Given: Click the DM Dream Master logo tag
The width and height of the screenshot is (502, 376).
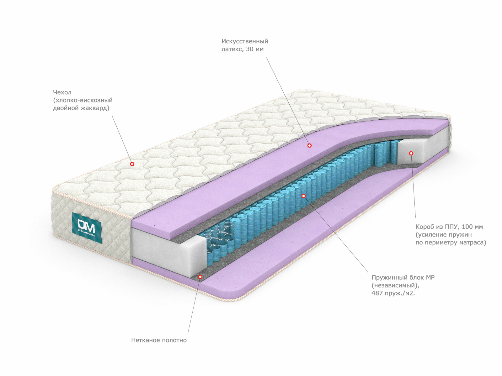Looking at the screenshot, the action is pos(87,227).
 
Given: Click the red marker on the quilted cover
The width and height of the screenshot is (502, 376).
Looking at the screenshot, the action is pos(132,164).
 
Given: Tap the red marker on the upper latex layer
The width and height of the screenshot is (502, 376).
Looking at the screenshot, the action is pos(309,145).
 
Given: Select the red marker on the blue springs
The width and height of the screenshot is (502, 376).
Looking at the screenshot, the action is pos(303,196).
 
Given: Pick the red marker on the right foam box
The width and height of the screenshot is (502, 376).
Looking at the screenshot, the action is pos(411,154).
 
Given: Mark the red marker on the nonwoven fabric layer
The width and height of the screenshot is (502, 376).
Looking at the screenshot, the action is pos(200,277).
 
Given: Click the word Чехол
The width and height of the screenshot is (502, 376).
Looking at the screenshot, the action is pos(62,92).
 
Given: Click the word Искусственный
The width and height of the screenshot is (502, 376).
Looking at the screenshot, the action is pos(245,41).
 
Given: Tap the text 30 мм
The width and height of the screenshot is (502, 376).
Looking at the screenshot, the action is pos(255,49).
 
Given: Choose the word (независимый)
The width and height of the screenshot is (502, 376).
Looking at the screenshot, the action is pos(395,285).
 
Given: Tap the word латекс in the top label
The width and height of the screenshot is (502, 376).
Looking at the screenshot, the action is pos(232,49).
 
